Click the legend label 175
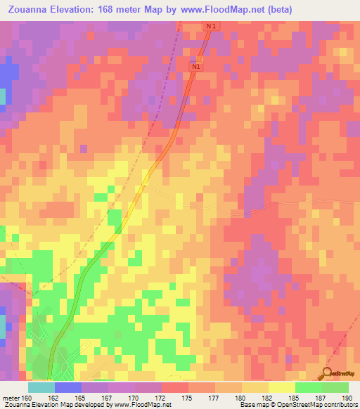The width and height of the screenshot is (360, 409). coord(188,398)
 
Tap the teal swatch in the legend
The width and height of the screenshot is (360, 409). coord(41,387)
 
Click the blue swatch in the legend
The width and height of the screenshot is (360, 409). coord(68,387)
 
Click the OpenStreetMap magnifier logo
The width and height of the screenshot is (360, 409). coord(327,372)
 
